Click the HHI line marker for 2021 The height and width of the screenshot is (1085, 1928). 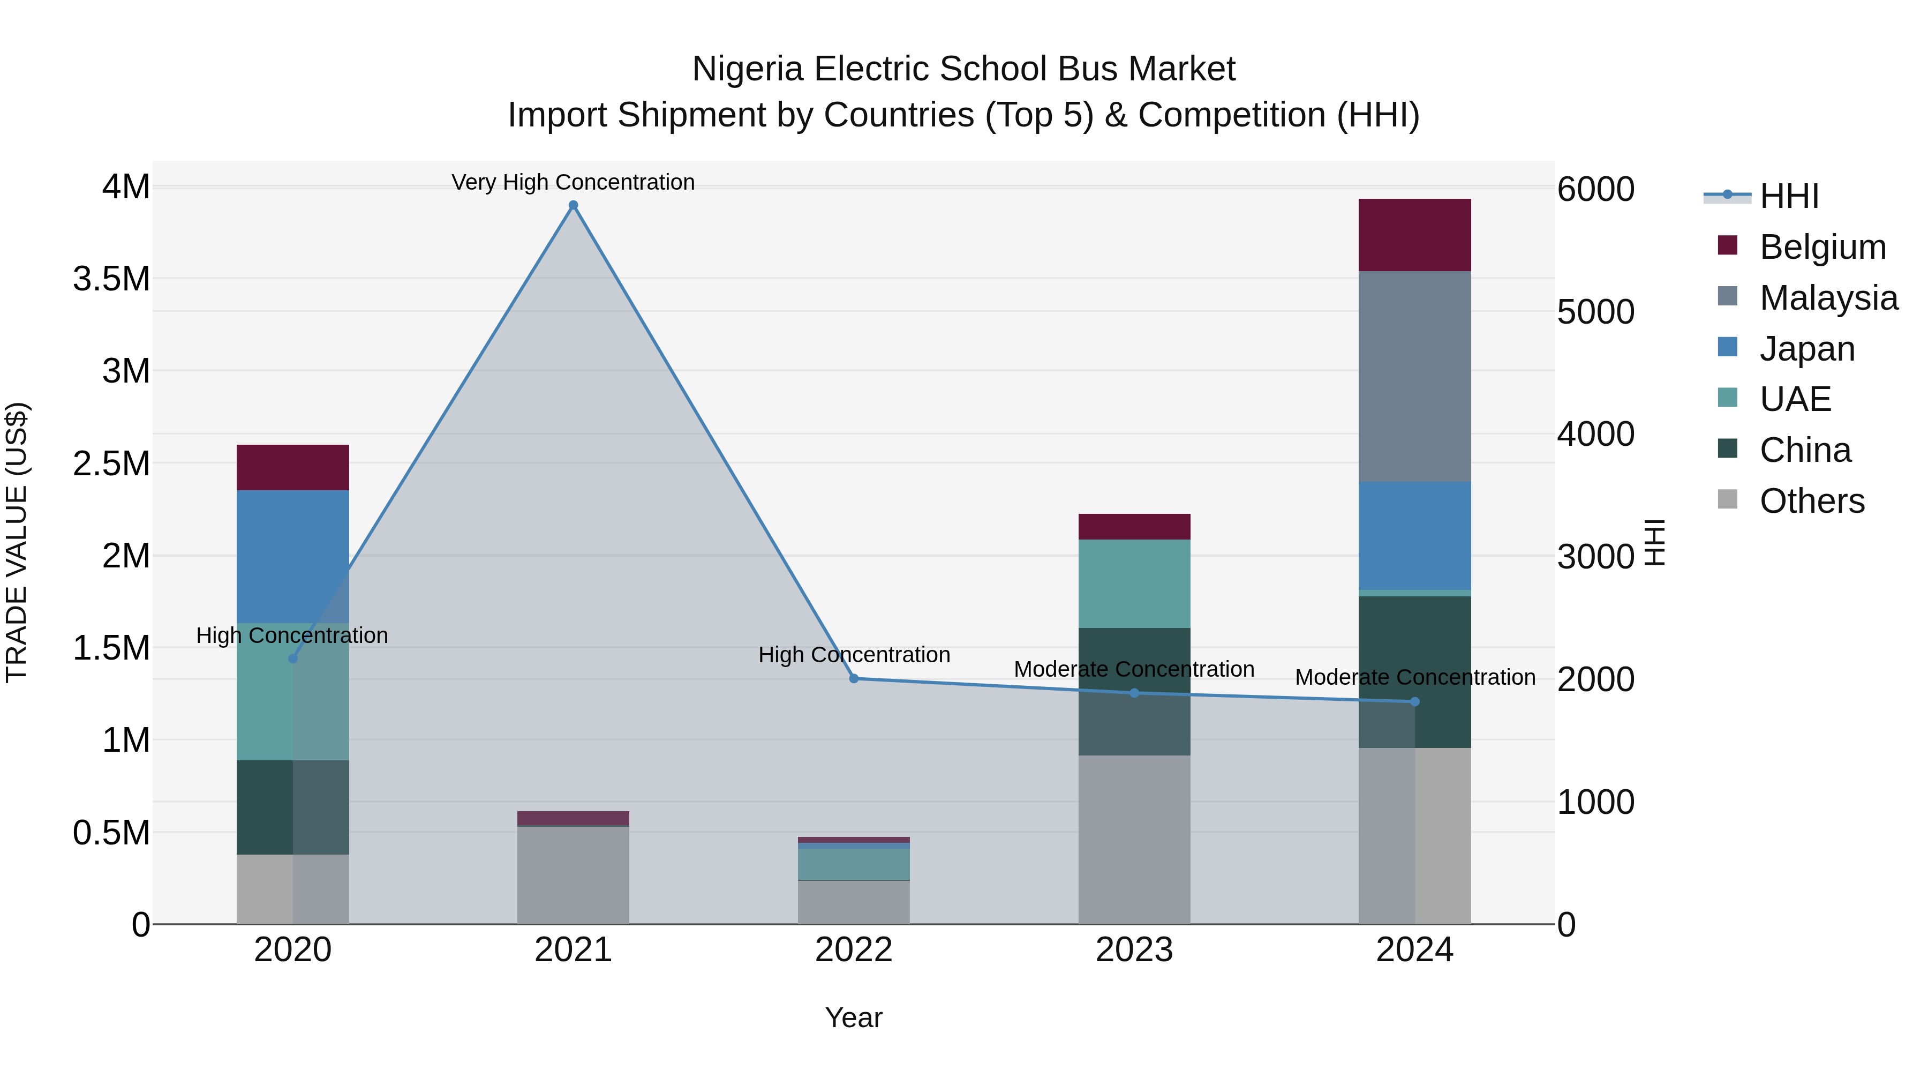(x=573, y=205)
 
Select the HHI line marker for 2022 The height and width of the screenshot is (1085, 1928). (x=854, y=678)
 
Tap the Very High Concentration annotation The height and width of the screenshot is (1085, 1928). (x=573, y=182)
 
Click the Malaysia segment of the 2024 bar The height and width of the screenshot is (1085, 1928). (x=1414, y=376)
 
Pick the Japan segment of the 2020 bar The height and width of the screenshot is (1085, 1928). (x=292, y=556)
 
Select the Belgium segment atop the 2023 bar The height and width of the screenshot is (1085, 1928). (x=1134, y=526)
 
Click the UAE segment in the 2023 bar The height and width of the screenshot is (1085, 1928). (x=1134, y=583)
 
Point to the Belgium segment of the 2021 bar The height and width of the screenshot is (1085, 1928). (x=573, y=818)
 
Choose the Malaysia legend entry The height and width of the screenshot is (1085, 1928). (x=1828, y=298)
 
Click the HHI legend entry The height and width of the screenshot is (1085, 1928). (x=1789, y=196)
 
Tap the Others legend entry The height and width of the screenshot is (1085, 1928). (x=1811, y=501)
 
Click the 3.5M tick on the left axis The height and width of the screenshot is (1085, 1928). (x=111, y=279)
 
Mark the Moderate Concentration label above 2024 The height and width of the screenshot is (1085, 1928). (x=1414, y=677)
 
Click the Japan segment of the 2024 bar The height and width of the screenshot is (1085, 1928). (x=1414, y=535)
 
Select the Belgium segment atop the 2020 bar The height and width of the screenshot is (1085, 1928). (x=292, y=467)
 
